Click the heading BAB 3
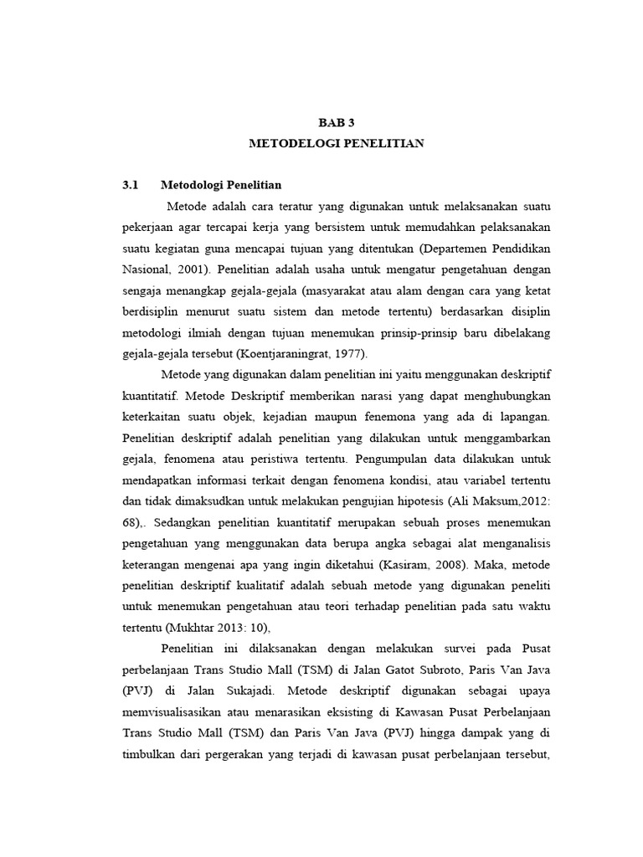pyautogui.click(x=337, y=121)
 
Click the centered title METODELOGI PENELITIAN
pyautogui.click(x=337, y=143)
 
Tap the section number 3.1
pyautogui.click(x=129, y=184)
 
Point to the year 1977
pyautogui.click(x=334, y=353)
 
